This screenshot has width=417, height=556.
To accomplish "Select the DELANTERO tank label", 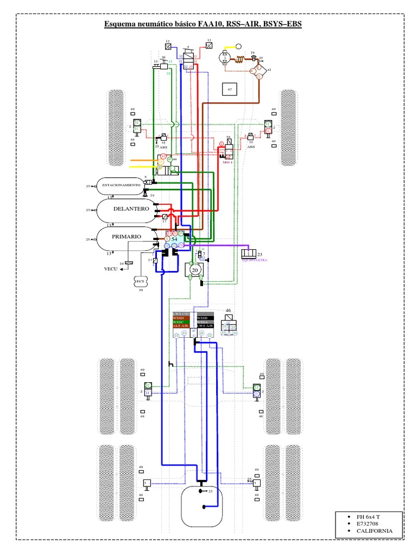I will [131, 208].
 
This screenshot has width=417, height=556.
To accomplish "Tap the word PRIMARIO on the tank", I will [127, 237].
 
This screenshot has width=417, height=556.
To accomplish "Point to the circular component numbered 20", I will [194, 269].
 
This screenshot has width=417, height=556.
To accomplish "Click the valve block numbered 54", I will [174, 239].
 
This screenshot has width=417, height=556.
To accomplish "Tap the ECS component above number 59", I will [140, 281].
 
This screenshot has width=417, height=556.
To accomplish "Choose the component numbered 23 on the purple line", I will [250, 254].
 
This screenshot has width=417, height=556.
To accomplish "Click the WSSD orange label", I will [179, 318].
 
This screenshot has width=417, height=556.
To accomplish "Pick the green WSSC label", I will [179, 322].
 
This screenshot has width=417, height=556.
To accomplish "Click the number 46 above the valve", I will [229, 311].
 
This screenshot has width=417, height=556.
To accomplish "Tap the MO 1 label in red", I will [228, 162].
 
